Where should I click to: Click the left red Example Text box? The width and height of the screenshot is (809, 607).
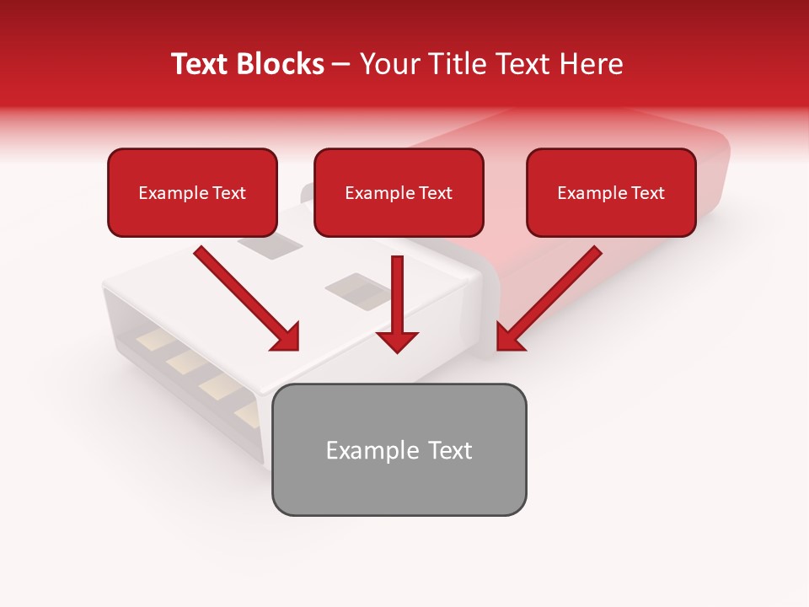(192, 193)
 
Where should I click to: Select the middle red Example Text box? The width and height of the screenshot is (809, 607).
(399, 193)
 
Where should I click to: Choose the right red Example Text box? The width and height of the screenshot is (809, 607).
(611, 193)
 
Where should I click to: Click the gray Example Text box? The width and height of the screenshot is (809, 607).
(399, 450)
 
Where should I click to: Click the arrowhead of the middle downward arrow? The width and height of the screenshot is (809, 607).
(397, 341)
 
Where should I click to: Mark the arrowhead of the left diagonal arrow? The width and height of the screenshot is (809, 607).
(287, 337)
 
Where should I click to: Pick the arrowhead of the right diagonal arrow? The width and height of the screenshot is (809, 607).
(509, 337)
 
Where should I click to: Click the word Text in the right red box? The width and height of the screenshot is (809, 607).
(646, 193)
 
